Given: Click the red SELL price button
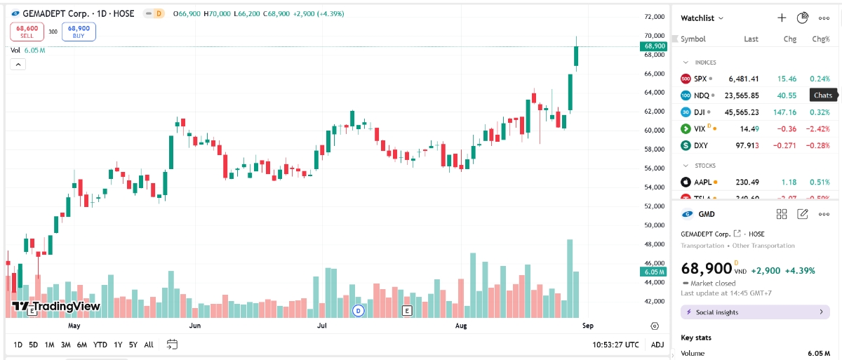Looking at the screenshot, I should coord(27,32).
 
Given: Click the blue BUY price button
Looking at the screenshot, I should coord(79,32).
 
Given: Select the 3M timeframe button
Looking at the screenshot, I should coord(65,345).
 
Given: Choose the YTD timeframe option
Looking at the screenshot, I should coord(100,345).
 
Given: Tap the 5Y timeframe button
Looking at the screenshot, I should coord(133,345).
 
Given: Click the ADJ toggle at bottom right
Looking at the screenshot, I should coord(657,345).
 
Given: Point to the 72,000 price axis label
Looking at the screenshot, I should coord(654,17).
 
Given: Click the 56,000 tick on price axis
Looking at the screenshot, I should coord(654,168).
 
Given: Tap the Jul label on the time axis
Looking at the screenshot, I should coord(322,326).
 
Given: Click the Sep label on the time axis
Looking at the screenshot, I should coord(588,326).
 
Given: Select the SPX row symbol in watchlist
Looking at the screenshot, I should coord(700,79).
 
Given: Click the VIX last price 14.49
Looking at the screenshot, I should coord(747,128).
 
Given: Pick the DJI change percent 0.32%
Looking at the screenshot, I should coord(820,112).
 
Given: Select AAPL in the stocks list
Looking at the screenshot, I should coord(702,182).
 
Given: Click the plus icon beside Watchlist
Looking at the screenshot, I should coord(782,18).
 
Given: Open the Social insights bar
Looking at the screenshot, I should coord(755,312).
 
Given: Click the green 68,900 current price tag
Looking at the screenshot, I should coord(653,46).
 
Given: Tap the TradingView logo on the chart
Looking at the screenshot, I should coord(56,306).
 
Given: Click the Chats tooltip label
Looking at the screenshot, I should coord(822,95).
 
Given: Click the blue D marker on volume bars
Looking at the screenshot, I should coord(358,310).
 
